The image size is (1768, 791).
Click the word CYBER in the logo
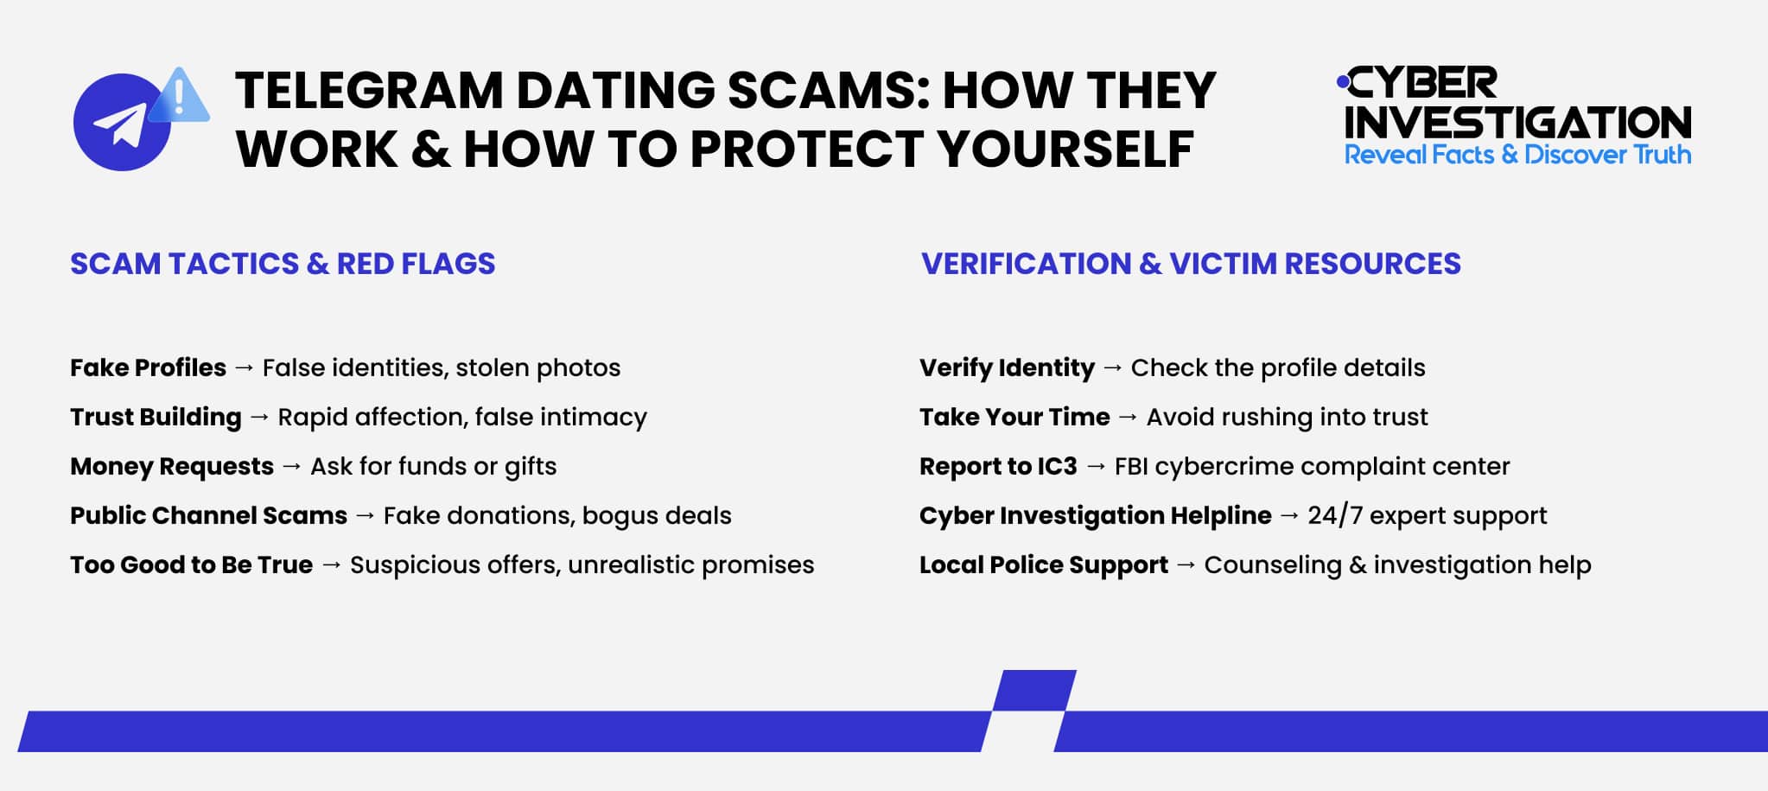[x=1422, y=84]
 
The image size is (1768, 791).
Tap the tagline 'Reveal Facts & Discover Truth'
[x=1517, y=155]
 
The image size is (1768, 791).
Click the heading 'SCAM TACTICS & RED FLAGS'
[x=283, y=264]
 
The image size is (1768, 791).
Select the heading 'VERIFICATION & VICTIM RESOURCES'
[x=1191, y=264]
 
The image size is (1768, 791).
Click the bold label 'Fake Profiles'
[x=148, y=368]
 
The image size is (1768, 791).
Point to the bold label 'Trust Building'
[x=156, y=418]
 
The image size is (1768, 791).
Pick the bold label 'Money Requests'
[x=172, y=467]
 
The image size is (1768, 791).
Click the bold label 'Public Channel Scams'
[x=208, y=516]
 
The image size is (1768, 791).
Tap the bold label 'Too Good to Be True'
[x=191, y=565]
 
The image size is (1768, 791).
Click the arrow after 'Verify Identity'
[x=1113, y=368]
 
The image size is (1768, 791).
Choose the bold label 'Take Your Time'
[x=1014, y=418]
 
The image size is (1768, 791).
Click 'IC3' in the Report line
[x=1057, y=467]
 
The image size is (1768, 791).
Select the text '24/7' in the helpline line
[x=1334, y=516]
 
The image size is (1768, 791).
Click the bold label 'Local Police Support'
[x=1044, y=565]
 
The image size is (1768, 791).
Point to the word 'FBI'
[x=1130, y=467]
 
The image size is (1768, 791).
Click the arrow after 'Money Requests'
[x=292, y=467]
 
